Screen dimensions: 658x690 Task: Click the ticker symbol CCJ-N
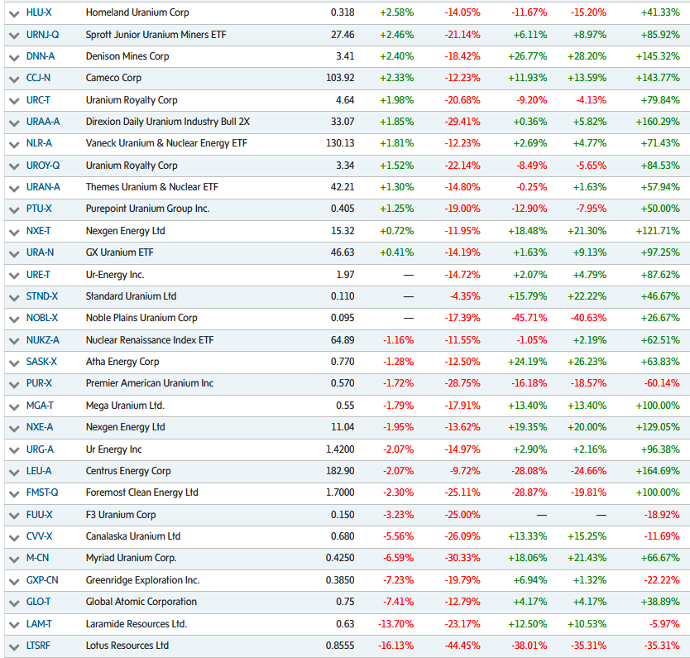pos(38,78)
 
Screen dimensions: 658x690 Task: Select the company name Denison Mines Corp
pos(127,56)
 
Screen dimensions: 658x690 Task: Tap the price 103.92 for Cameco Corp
pos(340,78)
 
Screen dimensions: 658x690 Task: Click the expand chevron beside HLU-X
pos(13,13)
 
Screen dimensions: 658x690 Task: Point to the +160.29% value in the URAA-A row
pos(659,122)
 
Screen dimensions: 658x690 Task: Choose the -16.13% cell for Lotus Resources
pos(397,646)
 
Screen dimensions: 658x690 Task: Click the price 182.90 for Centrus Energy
pos(340,471)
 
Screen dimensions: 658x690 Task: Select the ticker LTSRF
pos(38,646)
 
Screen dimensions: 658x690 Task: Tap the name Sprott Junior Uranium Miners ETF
pos(156,35)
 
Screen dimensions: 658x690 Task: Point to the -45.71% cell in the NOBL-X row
pos(529,318)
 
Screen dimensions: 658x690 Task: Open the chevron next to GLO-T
pos(13,603)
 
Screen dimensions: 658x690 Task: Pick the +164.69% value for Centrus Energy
pos(659,471)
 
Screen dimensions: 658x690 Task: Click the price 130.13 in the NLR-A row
pos(340,143)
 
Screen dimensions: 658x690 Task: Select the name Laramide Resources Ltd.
pos(137,624)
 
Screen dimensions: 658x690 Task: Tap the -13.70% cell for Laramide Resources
pos(397,624)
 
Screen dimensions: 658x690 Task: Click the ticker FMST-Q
pos(42,492)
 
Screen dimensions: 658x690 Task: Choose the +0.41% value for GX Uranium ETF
pos(397,252)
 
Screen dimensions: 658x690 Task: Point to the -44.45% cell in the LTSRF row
pos(462,646)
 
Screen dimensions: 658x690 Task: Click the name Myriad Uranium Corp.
pos(131,558)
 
